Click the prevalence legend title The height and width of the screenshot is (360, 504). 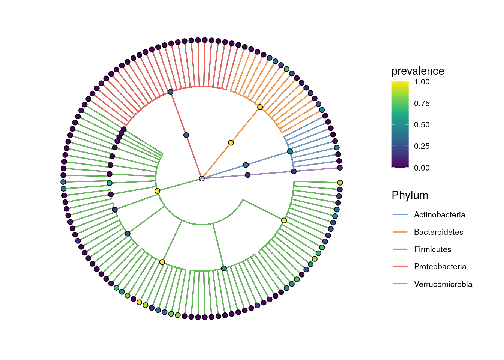(x=418, y=71)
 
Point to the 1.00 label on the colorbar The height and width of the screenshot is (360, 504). (x=421, y=82)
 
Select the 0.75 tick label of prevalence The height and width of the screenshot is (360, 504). (x=421, y=103)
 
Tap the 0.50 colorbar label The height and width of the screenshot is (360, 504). (x=421, y=125)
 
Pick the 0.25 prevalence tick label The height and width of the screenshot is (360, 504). (x=421, y=146)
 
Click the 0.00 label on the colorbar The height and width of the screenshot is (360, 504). (x=421, y=168)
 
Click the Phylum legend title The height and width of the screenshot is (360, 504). (x=410, y=195)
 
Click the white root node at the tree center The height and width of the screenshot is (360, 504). (x=202, y=178)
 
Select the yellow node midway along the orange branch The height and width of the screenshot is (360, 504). (x=231, y=143)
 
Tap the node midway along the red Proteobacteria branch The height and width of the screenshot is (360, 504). (x=186, y=135)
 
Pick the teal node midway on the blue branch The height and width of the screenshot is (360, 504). (x=246, y=165)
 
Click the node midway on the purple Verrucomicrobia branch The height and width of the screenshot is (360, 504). (x=248, y=175)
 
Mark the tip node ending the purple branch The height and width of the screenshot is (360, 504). (x=340, y=168)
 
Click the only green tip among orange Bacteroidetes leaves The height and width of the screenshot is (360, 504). (x=286, y=69)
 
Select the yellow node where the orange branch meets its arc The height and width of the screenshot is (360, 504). (x=260, y=107)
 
